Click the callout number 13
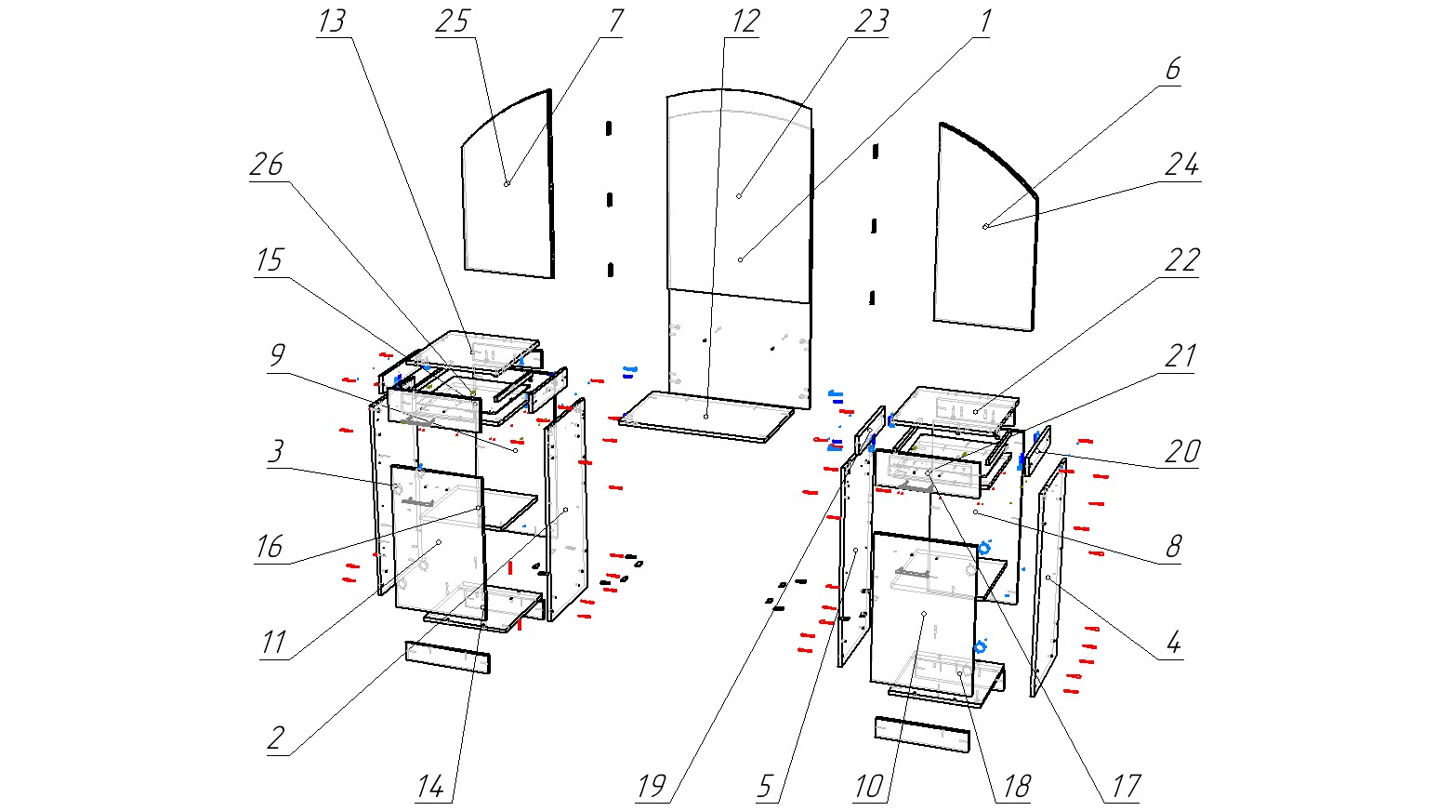(332, 21)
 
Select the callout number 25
(453, 21)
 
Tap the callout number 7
(615, 21)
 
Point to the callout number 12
(745, 21)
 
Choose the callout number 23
(871, 21)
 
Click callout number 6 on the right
(1172, 70)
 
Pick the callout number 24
(1181, 166)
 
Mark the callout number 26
(267, 166)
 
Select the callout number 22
(1181, 260)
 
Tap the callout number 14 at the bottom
(429, 787)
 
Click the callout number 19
(652, 787)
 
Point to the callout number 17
(1126, 787)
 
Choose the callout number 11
(272, 643)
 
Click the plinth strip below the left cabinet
(448, 656)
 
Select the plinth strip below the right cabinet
(921, 735)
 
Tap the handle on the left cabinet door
(417, 502)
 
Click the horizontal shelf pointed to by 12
(706, 416)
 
